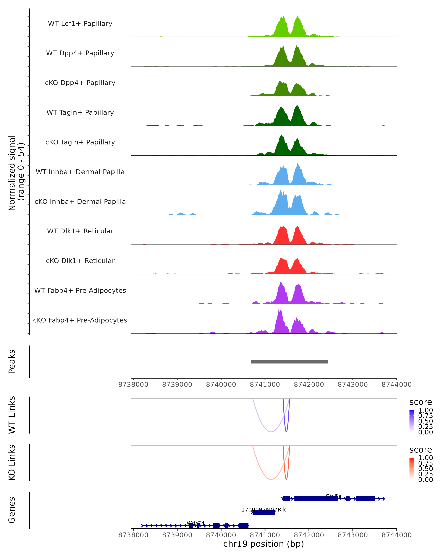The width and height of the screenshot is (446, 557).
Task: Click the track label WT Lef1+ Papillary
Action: point(80,24)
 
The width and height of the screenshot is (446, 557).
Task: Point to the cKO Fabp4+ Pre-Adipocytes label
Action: point(80,320)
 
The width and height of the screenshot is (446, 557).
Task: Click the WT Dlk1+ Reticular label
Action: point(80,231)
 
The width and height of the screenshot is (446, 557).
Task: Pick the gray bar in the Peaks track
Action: point(289,362)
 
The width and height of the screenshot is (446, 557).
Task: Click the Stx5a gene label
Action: point(334,496)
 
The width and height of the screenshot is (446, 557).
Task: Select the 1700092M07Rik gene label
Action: point(264,510)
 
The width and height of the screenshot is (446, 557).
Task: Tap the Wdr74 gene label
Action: point(195,523)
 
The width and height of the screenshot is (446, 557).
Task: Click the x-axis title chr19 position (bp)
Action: point(264,544)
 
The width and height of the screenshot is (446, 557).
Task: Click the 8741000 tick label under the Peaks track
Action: point(265,385)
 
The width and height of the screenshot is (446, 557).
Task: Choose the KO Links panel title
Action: point(12,462)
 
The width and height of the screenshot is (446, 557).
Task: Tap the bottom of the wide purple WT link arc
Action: point(271,432)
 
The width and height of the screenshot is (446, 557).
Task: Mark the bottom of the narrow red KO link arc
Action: point(286,479)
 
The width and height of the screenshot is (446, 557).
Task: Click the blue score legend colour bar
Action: point(412,421)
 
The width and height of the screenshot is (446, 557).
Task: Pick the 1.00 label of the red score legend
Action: point(425,458)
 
